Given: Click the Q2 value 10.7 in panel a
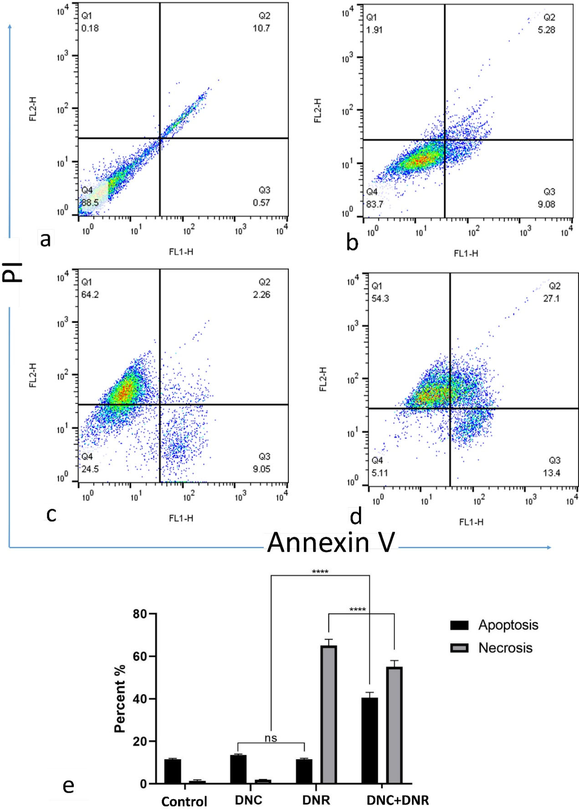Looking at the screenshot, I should (261, 28).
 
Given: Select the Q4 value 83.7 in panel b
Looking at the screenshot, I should (374, 204).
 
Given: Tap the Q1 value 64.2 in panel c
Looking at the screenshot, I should (90, 295).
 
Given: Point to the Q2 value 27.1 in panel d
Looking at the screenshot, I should (551, 298).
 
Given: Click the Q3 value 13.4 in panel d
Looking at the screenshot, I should (551, 473).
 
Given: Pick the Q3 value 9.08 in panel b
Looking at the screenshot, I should (546, 204).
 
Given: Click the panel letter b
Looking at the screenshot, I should (352, 242).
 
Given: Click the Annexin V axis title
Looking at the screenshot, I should (331, 543).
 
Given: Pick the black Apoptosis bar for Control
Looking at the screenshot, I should (173, 771).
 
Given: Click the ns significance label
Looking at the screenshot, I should (271, 738).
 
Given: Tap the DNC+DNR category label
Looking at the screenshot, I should (398, 800).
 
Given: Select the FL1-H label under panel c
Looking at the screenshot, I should (181, 518).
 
